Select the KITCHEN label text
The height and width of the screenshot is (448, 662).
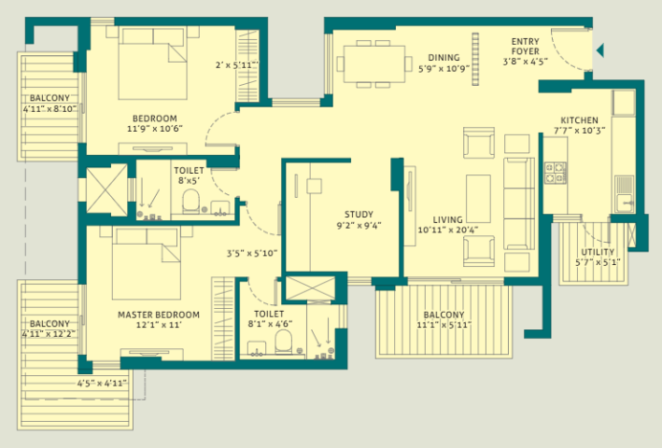tap(579, 119)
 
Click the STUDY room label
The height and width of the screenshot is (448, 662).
tap(359, 214)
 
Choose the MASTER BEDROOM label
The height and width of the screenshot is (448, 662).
tap(159, 315)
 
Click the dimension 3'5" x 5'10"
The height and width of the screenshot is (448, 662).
tap(252, 253)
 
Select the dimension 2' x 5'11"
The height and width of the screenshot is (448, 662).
tap(235, 65)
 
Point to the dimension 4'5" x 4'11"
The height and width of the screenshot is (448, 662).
tap(102, 382)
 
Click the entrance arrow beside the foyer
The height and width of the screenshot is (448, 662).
tap(600, 49)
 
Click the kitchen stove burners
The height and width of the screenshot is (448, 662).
tap(555, 173)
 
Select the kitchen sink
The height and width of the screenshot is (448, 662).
tap(623, 187)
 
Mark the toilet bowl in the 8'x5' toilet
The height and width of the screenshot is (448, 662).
tap(190, 200)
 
